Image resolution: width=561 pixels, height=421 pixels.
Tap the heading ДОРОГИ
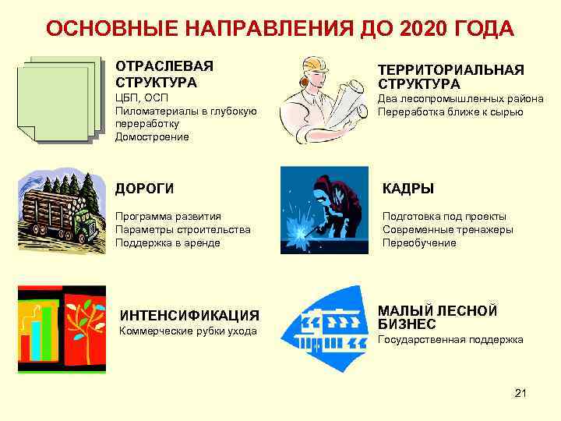pyautogui.click(x=145, y=189)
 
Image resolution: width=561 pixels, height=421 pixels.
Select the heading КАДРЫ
pyautogui.click(x=408, y=189)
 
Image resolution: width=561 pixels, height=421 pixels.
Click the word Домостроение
pyautogui.click(x=151, y=136)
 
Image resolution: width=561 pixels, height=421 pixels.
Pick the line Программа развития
pyautogui.click(x=168, y=216)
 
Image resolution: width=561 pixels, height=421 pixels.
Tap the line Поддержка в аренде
pyautogui.click(x=168, y=242)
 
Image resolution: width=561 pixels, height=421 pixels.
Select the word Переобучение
pyautogui.click(x=419, y=242)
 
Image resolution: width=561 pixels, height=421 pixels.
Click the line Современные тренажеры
pyautogui.click(x=447, y=229)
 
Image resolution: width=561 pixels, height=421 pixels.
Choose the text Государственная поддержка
pyautogui.click(x=450, y=340)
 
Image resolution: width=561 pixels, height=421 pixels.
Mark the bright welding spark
pyautogui.click(x=301, y=228)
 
